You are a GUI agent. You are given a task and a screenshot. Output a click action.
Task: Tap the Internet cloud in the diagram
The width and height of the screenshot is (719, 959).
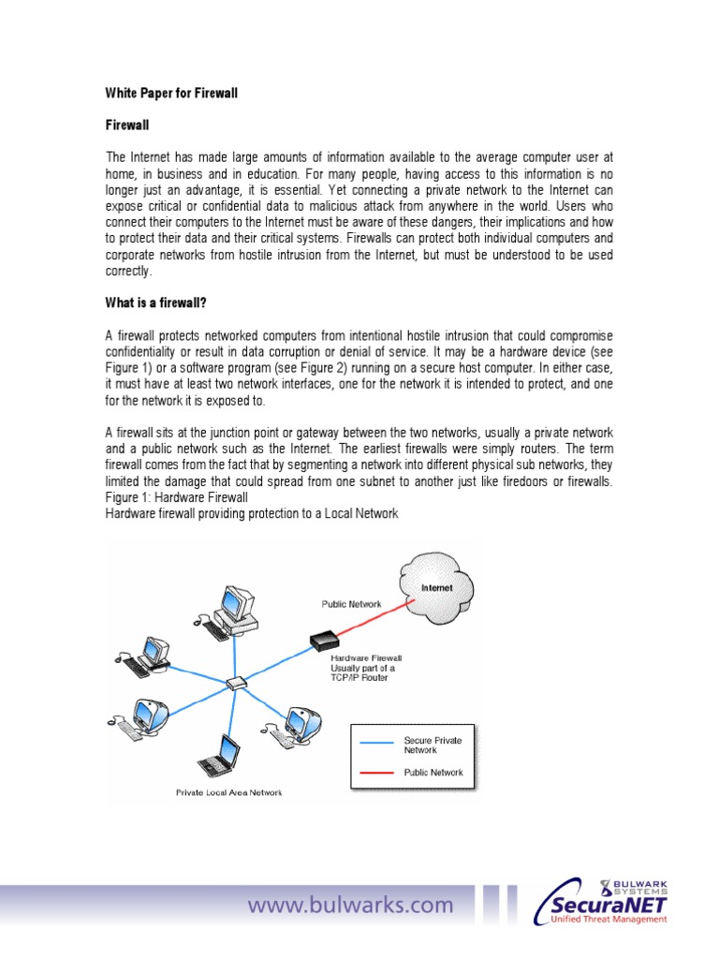tap(435, 590)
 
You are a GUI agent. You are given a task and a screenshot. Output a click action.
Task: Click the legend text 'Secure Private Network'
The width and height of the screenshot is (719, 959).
tap(433, 745)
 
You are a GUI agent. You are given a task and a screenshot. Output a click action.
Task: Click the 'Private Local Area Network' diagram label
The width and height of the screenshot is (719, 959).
tap(228, 792)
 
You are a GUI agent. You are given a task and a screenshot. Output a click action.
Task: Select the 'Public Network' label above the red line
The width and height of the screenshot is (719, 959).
tap(351, 604)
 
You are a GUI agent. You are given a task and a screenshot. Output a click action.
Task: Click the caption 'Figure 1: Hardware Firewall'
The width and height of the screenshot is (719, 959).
tap(176, 496)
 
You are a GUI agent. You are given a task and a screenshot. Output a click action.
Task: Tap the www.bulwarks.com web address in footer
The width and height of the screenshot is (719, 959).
tap(350, 906)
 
